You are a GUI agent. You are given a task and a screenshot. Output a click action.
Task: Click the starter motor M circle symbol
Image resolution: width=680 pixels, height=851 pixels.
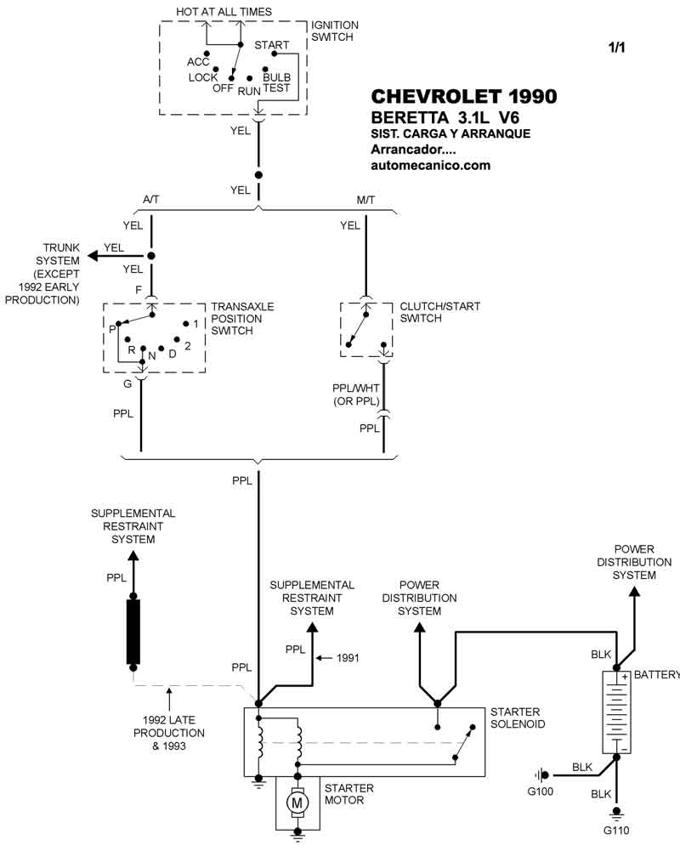[297, 802]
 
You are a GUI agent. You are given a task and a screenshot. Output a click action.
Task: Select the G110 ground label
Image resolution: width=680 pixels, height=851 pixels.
[617, 830]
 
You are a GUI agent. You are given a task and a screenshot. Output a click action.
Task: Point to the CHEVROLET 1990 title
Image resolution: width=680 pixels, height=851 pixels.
[464, 96]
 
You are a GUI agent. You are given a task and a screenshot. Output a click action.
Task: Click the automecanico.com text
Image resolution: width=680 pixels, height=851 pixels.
[431, 166]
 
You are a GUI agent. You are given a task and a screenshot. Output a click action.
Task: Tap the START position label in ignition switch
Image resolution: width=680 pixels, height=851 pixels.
[272, 45]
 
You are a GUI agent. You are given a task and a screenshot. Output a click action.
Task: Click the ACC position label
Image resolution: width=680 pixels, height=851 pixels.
[198, 62]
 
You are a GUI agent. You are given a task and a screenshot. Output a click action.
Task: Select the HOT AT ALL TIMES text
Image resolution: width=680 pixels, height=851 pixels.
[224, 12]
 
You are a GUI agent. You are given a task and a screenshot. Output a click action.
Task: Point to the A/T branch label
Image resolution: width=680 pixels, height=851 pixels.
[150, 201]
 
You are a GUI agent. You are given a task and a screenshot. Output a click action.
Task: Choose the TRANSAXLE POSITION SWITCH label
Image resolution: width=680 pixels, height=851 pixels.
[243, 319]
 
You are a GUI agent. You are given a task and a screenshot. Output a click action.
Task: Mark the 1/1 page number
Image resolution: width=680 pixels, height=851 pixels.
[616, 48]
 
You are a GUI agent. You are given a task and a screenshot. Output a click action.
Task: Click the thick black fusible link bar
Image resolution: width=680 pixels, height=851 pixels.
[133, 631]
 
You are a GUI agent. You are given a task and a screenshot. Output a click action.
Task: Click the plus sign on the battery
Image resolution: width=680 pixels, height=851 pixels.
[625, 677]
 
